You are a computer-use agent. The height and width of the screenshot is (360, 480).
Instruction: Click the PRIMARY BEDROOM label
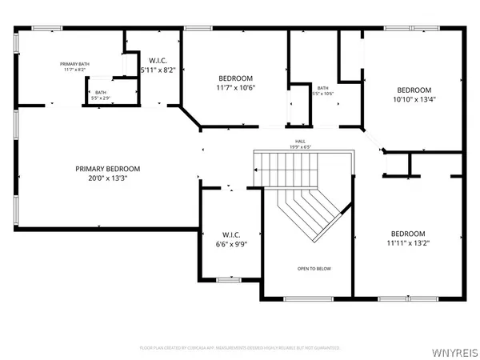pyautogui.click(x=108, y=169)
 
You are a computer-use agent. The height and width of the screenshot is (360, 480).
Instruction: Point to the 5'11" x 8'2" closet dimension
pyautogui.click(x=157, y=70)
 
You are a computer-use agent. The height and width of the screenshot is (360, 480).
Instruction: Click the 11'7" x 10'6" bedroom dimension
pyautogui.click(x=235, y=90)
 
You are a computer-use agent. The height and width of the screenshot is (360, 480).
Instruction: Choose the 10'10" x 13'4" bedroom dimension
pyautogui.click(x=414, y=101)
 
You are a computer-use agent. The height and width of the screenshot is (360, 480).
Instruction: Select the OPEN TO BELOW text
pyautogui.click(x=314, y=269)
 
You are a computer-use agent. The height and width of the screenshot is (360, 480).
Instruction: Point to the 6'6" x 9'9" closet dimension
pyautogui.click(x=230, y=244)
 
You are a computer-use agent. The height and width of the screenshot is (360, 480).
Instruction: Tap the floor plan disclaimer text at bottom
pyautogui.click(x=240, y=348)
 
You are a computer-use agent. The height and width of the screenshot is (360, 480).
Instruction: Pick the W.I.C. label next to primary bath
pyautogui.click(x=157, y=60)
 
